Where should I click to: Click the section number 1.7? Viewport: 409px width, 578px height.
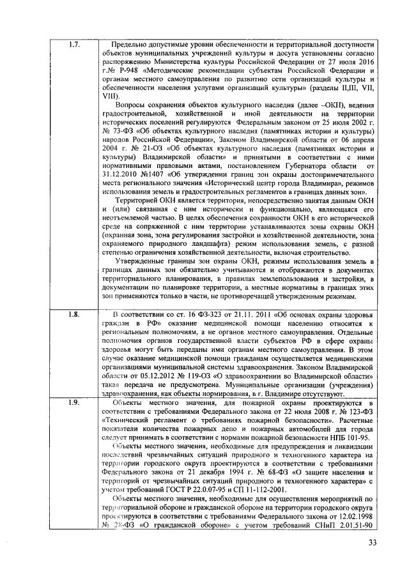point(73,44)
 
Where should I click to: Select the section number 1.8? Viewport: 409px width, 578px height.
point(73,314)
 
